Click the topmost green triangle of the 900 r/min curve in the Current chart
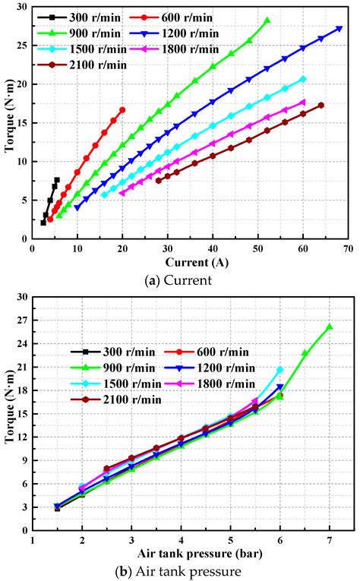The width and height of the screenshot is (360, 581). coord(267,21)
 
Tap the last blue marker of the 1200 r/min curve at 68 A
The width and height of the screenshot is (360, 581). coord(339,29)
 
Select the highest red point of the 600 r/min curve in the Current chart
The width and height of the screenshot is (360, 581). coord(122,110)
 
